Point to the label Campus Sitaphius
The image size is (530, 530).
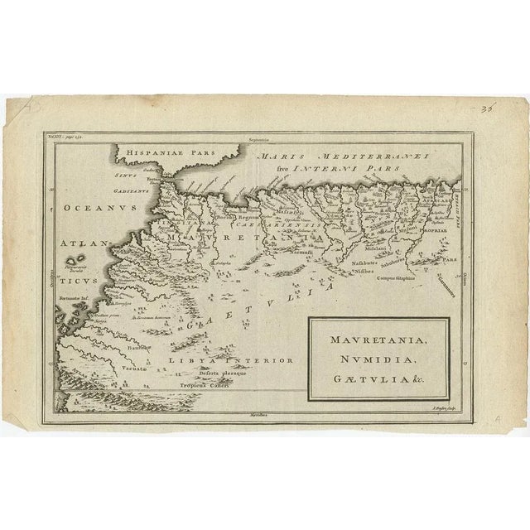(x=397, y=278)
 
